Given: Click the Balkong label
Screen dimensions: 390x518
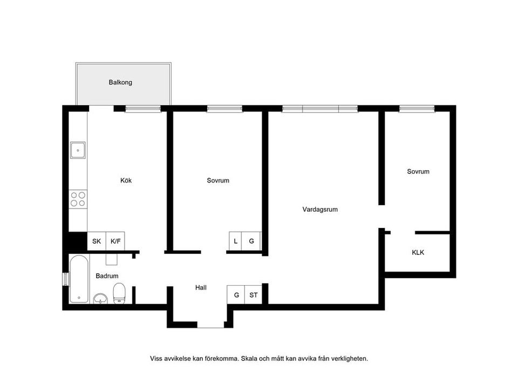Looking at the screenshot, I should [x=120, y=83].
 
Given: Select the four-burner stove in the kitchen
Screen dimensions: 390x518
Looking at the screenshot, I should [x=78, y=199].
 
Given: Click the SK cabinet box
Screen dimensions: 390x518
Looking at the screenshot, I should [x=97, y=241].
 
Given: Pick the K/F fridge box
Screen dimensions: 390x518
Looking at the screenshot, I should [x=115, y=241].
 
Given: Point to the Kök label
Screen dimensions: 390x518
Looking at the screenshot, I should [x=126, y=180].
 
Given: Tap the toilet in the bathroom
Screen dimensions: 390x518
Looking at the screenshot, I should [x=119, y=294].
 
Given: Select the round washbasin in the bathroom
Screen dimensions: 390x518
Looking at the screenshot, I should [x=100, y=298].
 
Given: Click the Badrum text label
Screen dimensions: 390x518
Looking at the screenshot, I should [x=107, y=276].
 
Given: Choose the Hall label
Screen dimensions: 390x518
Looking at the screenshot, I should [x=201, y=288].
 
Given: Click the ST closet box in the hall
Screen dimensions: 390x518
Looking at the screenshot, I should [x=253, y=295].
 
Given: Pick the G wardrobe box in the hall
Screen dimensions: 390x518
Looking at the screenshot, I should [x=236, y=295].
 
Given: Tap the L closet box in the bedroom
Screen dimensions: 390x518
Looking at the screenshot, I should [x=236, y=241].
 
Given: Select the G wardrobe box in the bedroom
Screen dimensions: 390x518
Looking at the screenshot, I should [x=251, y=241].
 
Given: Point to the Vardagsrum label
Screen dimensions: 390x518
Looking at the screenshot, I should [x=320, y=209].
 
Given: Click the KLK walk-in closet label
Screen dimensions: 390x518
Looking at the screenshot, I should [x=418, y=252].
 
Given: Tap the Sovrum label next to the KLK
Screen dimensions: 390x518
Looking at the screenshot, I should [x=418, y=172].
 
